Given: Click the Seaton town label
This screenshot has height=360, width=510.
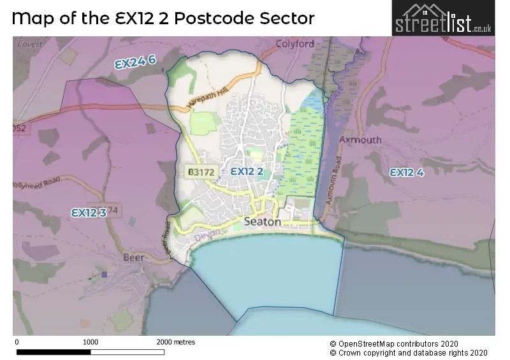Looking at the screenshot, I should [x=263, y=222].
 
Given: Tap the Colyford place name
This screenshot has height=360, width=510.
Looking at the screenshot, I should [x=295, y=44].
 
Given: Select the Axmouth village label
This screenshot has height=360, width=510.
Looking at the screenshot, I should [x=360, y=140].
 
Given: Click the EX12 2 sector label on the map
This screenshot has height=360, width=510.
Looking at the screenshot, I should [x=247, y=171].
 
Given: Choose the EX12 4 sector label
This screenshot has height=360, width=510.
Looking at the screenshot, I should [x=407, y=172].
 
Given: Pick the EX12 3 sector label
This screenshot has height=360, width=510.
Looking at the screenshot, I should [x=89, y=213].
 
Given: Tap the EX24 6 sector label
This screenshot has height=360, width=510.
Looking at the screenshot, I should [x=135, y=62].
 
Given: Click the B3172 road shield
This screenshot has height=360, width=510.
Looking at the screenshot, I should [x=201, y=172].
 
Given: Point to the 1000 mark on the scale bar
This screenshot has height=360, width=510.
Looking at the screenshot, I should [x=91, y=342].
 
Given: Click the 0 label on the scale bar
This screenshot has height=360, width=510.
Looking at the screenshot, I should [x=16, y=342].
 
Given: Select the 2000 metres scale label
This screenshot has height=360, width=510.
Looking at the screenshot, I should [x=176, y=342].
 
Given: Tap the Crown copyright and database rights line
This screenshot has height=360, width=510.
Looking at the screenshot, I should [x=409, y=353].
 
